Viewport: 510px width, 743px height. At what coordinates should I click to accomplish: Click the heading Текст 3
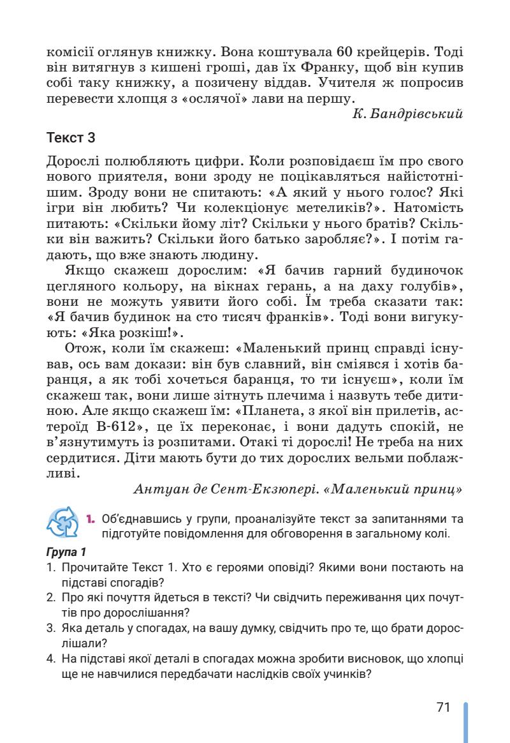click(x=71, y=139)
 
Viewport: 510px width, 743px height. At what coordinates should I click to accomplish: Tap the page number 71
click(x=444, y=707)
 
